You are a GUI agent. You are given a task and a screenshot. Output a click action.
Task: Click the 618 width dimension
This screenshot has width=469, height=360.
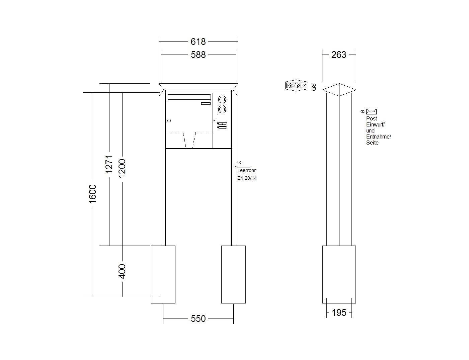coord(198,41)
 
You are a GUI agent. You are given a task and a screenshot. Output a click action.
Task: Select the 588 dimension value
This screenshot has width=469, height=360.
coord(198,55)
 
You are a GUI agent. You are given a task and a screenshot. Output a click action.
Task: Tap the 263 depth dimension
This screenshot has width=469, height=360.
coord(339,55)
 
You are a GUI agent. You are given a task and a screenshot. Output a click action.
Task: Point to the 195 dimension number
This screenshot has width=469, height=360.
coord(339,312)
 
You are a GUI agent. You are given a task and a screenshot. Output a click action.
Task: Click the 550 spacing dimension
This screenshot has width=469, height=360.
coord(198,319)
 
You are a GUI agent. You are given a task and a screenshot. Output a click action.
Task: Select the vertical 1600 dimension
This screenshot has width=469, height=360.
coord(93,194)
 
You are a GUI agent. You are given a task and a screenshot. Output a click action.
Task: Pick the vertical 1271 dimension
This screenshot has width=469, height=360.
coord(109,164)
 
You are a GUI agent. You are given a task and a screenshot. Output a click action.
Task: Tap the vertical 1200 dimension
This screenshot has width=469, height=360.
coord(122,169)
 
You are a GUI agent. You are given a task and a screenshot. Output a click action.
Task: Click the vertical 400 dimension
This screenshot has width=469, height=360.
coord(122,271)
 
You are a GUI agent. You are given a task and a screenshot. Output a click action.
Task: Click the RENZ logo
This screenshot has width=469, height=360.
coord(296,85)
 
